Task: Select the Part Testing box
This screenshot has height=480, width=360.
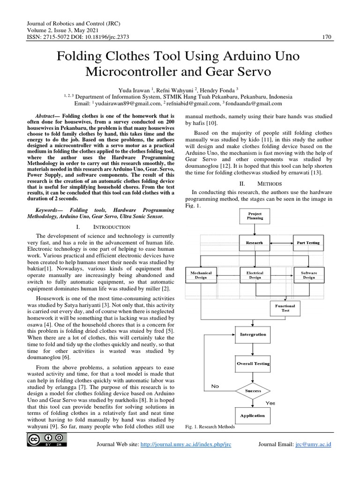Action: click(x=308, y=243)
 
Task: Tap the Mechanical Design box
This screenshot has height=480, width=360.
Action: click(x=201, y=275)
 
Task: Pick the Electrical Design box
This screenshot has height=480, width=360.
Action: click(x=255, y=275)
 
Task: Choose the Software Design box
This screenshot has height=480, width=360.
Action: click(x=309, y=275)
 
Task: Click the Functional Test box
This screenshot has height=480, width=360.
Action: click(x=285, y=308)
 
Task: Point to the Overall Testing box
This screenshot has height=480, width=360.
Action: click(x=253, y=363)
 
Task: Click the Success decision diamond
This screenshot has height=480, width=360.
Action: click(x=253, y=390)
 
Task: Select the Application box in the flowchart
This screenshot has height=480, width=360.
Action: click(x=253, y=416)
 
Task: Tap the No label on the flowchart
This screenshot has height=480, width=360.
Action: click(x=215, y=387)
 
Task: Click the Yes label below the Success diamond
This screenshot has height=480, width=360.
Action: click(x=270, y=403)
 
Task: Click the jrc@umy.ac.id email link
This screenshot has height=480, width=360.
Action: click(x=312, y=444)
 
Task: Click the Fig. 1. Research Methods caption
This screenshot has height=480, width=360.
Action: click(x=210, y=427)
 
